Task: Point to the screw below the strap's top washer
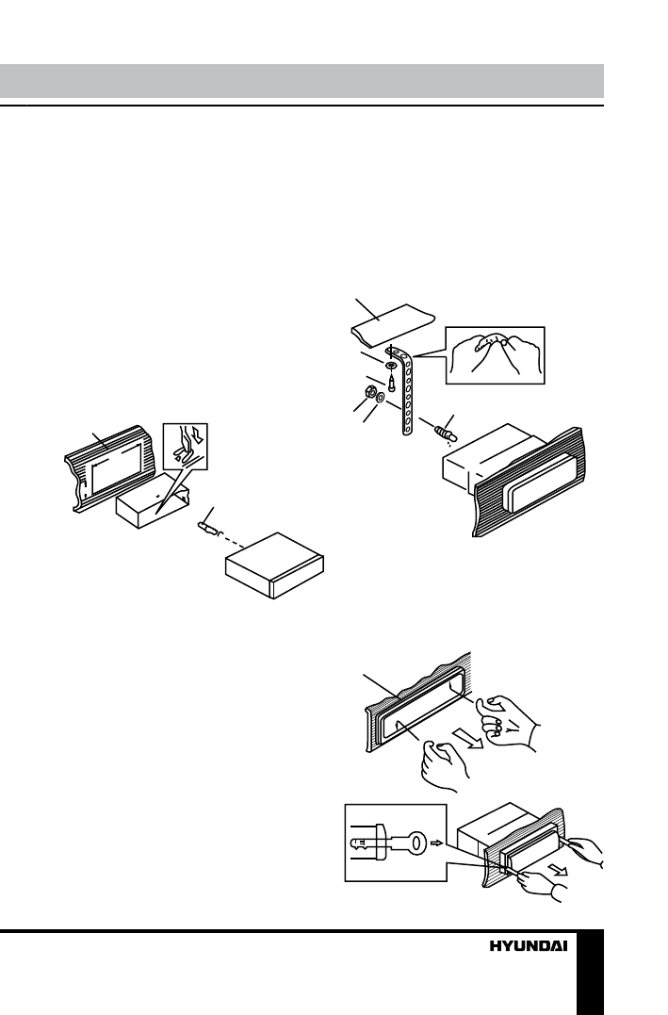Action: click(390, 382)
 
